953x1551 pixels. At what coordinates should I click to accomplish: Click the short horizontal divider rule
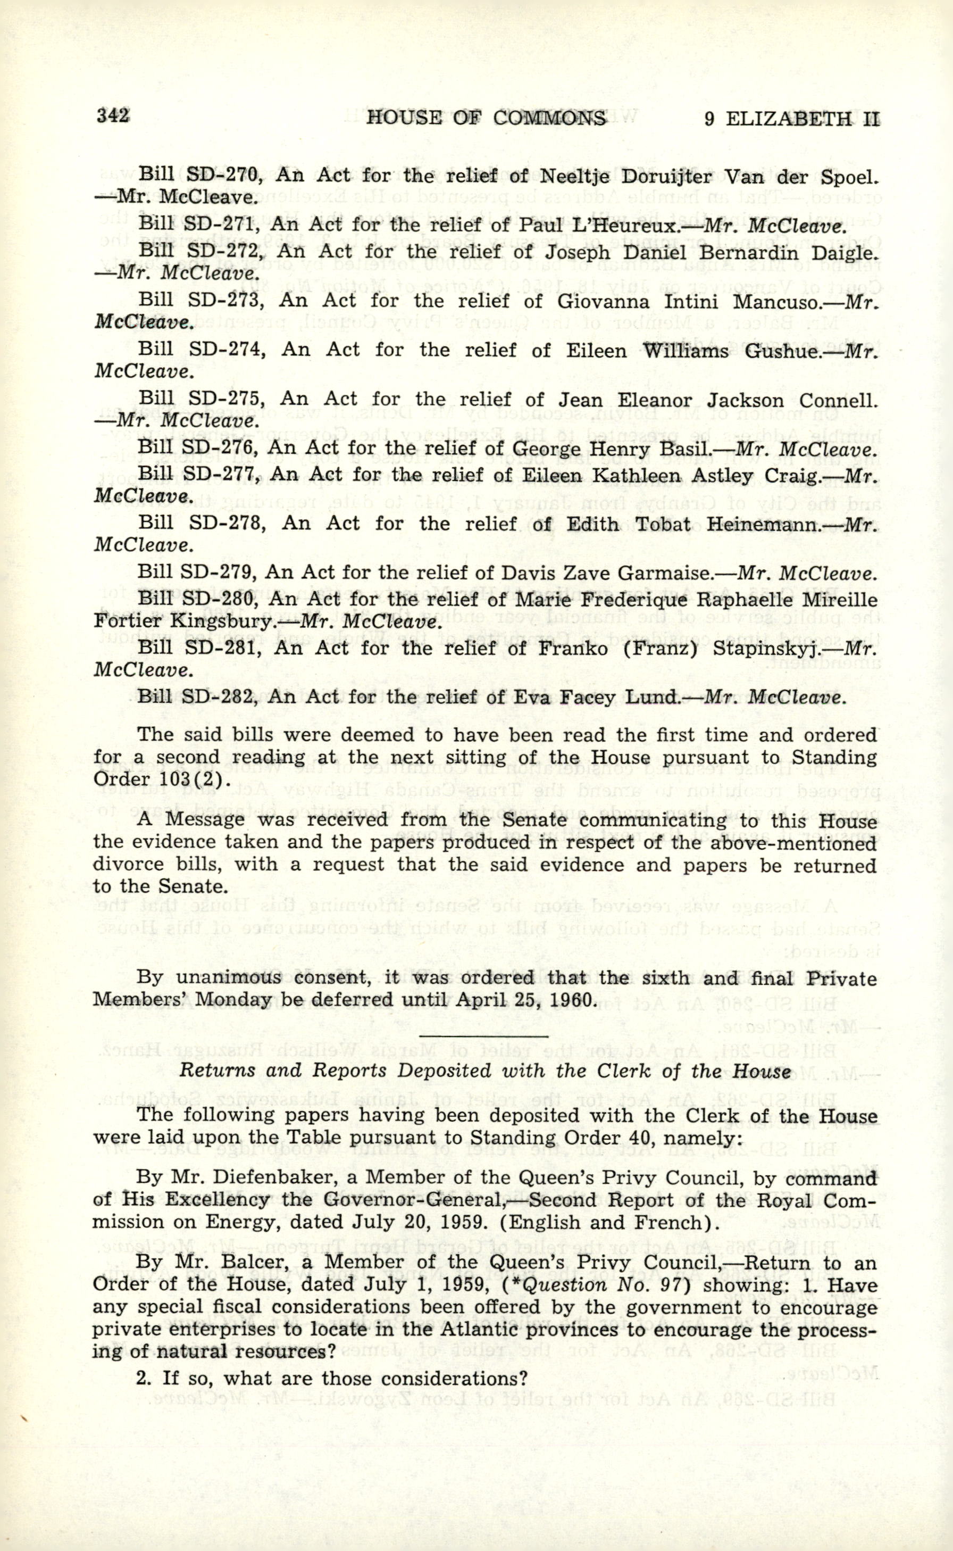click(484, 1035)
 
